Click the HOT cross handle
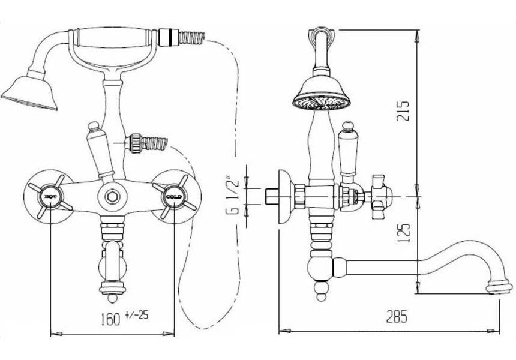(50, 196)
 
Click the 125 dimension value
(403, 232)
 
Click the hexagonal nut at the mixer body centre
(111, 196)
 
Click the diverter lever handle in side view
(347, 150)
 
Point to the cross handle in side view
(378, 196)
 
